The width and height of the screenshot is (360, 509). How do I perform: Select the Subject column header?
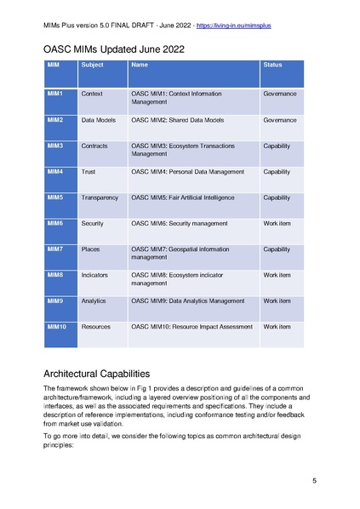tap(92, 65)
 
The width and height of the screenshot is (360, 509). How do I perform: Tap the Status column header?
tap(272, 65)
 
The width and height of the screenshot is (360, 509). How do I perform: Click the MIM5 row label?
tap(55, 197)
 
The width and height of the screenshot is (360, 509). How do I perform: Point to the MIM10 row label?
tap(57, 326)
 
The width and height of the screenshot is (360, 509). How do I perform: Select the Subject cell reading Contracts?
tap(94, 146)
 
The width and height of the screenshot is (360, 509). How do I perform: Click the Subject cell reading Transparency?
tap(100, 197)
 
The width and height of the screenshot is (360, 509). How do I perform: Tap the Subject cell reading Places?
tap(90, 249)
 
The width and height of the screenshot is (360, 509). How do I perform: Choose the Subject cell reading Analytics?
tap(94, 300)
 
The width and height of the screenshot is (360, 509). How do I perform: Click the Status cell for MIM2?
tap(280, 121)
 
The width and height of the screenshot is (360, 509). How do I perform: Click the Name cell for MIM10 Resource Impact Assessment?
tap(193, 326)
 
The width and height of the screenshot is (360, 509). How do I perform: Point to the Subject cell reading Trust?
tap(89, 172)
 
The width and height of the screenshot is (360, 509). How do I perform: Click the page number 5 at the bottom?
tap(314, 482)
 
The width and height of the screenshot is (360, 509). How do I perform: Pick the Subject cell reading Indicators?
tap(94, 275)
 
